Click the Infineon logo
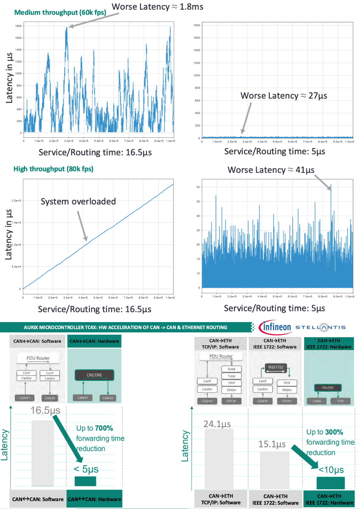click(275, 327)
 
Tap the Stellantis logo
click(320, 327)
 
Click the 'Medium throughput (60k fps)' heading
click(60, 13)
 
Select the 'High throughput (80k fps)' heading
click(53, 169)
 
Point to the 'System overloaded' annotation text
click(78, 202)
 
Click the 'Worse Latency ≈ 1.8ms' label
click(157, 7)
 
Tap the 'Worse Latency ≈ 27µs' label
click(284, 96)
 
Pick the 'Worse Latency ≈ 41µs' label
click(271, 170)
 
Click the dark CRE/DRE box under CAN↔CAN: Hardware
click(94, 375)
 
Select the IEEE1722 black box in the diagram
click(276, 367)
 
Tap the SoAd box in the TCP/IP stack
click(231, 369)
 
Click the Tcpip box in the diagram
click(231, 376)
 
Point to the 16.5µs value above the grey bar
click(45, 410)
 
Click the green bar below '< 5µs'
click(85, 481)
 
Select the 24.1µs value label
click(217, 424)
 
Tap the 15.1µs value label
click(272, 444)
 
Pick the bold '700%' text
click(104, 428)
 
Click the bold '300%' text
click(334, 432)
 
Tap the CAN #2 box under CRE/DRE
click(108, 398)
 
